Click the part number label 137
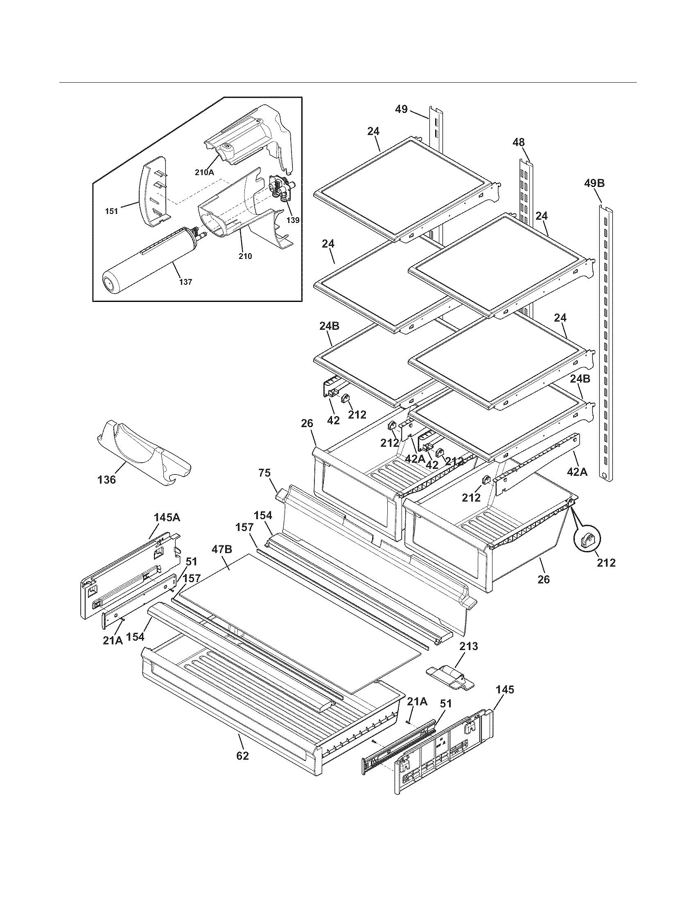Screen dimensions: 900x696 click(x=185, y=282)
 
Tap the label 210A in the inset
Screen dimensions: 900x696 click(x=205, y=173)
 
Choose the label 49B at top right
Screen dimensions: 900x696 click(x=594, y=183)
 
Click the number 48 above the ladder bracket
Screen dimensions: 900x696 click(x=518, y=143)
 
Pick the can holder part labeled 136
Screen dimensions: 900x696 click(x=142, y=453)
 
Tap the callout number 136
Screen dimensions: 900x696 click(x=106, y=479)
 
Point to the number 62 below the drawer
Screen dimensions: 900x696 click(x=242, y=756)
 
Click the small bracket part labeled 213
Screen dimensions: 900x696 click(x=450, y=679)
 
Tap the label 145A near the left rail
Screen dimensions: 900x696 click(x=167, y=517)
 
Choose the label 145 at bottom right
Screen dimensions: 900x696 click(x=505, y=690)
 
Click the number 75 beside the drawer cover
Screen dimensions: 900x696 click(x=264, y=473)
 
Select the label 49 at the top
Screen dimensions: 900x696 click(x=401, y=109)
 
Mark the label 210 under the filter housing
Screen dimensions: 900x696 click(x=245, y=256)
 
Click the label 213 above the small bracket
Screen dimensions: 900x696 click(x=469, y=646)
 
